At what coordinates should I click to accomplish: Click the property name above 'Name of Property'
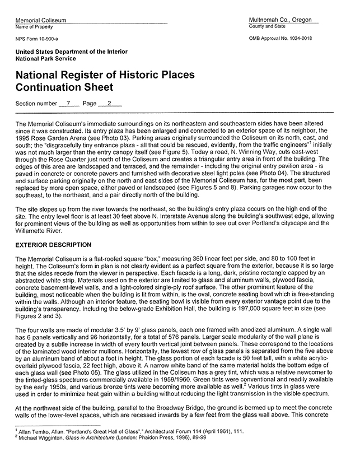click(x=41, y=20)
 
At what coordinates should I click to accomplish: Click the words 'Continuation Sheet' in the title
click(x=64, y=87)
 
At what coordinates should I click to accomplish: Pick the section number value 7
click(x=68, y=103)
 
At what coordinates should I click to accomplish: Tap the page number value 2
click(x=110, y=103)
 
